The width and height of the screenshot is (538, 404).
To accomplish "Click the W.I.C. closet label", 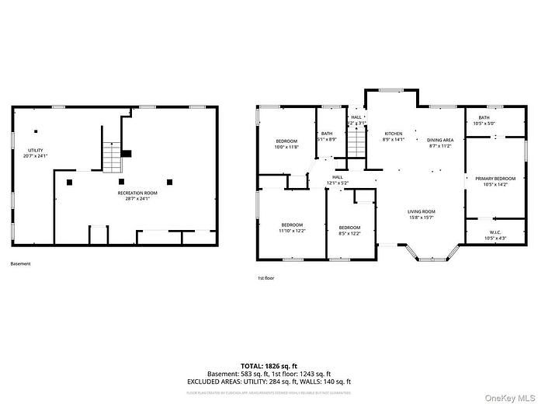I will (495, 234).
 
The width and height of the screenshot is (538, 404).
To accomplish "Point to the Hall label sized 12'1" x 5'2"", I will (338, 179).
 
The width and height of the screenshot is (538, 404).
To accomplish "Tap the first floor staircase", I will (356, 143).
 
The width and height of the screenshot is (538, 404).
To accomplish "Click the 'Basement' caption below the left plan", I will (21, 263).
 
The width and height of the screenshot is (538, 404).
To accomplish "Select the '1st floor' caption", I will (266, 277).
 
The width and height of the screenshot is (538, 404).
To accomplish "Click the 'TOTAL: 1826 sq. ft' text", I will (269, 364).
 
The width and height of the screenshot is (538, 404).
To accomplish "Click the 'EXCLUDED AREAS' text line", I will (269, 381).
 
